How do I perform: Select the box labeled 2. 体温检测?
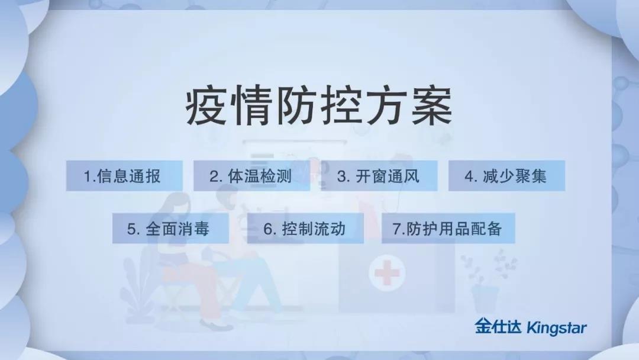click(251, 176)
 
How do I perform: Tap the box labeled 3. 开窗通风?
click(379, 176)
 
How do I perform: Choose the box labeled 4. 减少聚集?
click(506, 176)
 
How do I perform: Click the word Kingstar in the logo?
click(557, 327)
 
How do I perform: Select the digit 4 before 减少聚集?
click(468, 176)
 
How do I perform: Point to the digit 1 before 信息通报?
click(86, 176)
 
